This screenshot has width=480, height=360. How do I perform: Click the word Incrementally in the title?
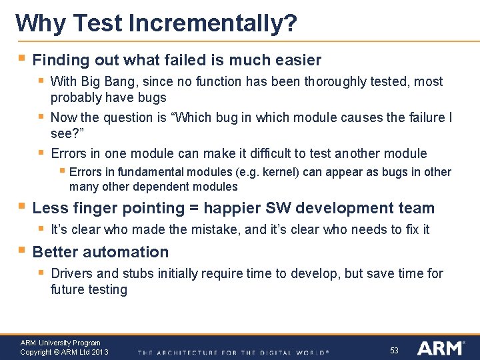tap(205, 24)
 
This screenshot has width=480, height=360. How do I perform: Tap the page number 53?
tap(394, 350)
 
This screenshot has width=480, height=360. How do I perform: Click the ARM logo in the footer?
tap(440, 348)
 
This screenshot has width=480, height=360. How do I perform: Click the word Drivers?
tap(72, 273)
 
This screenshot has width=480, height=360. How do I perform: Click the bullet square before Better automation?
tap(22, 251)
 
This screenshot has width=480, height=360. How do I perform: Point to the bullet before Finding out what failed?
tap(22, 59)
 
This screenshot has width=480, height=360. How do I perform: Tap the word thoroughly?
tap(341, 81)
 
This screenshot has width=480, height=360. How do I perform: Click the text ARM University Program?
tap(60, 343)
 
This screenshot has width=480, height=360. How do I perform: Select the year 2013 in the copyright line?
tap(99, 352)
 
